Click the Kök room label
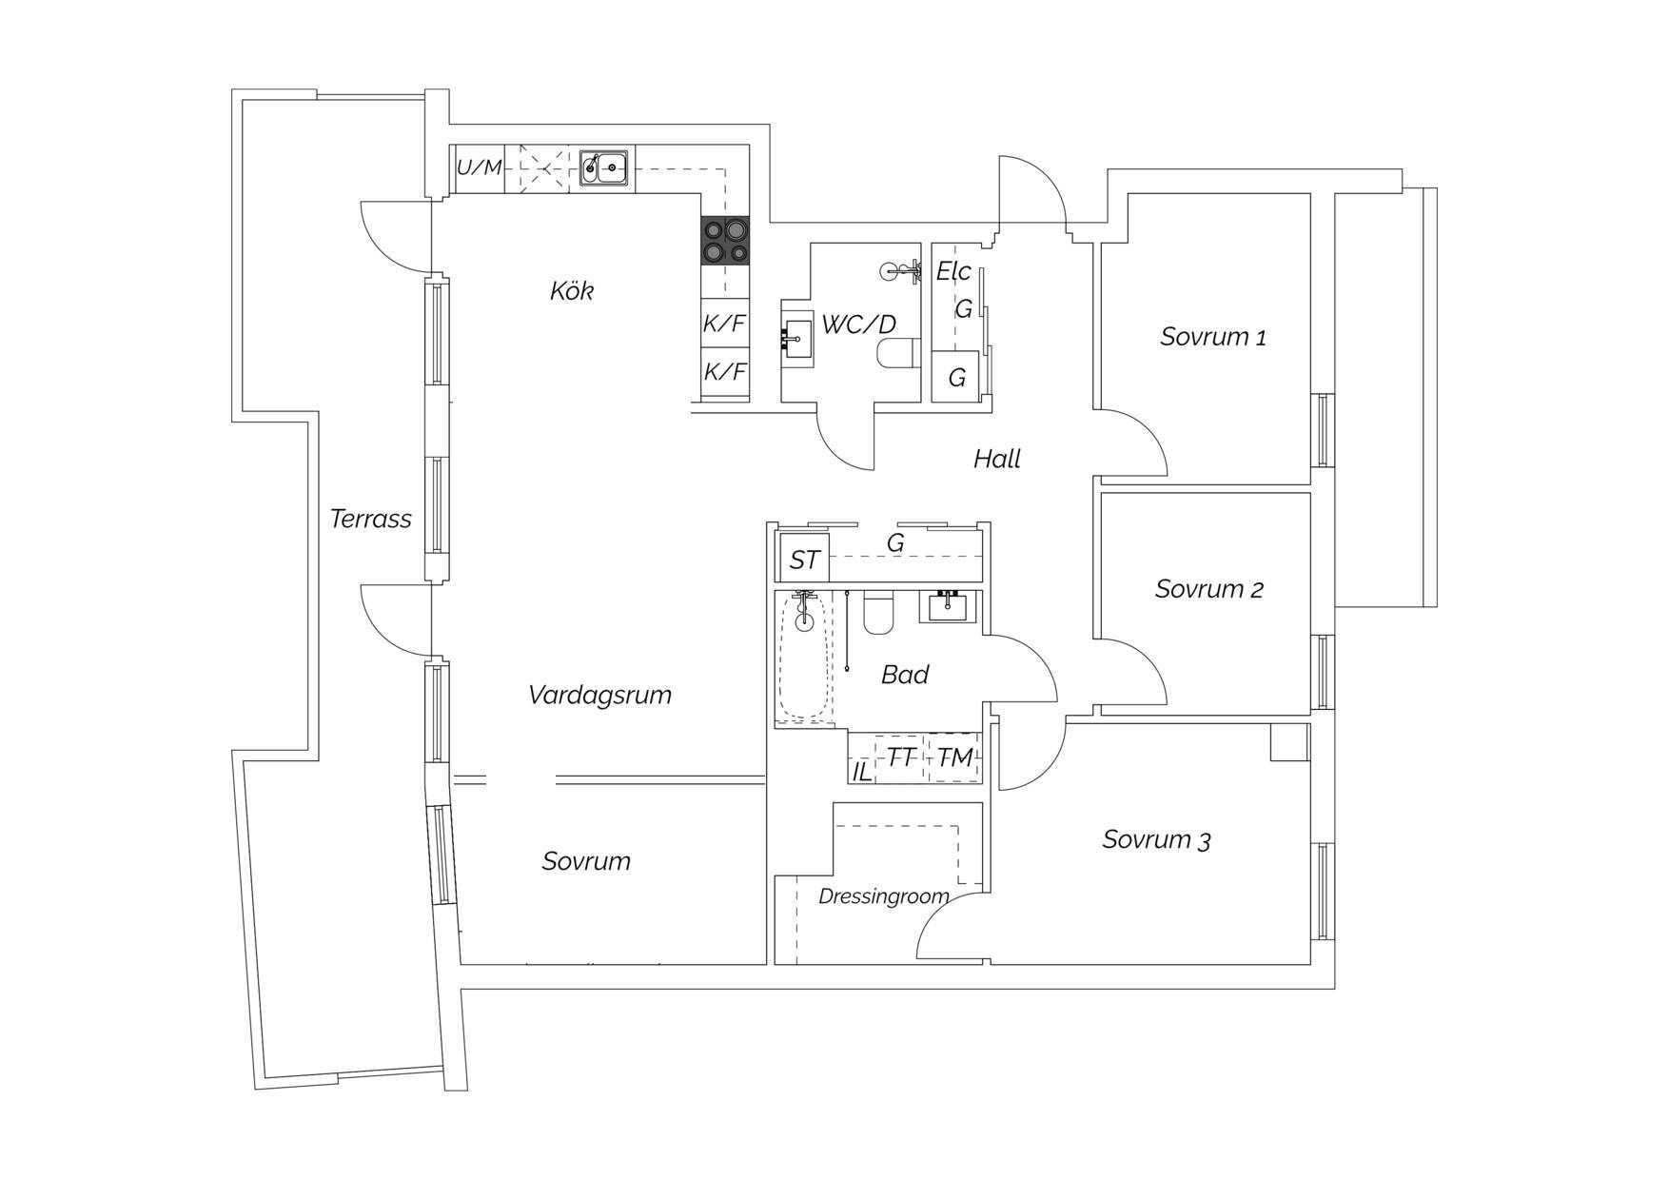click(572, 290)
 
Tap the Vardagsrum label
click(599, 695)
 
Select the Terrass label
click(370, 519)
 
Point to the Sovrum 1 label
click(1213, 337)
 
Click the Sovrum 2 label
click(1209, 589)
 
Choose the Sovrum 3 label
click(1156, 840)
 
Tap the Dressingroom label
click(884, 896)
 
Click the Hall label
click(997, 459)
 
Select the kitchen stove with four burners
click(725, 240)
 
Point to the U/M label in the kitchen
click(479, 168)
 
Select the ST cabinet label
click(804, 560)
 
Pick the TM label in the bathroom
click(955, 757)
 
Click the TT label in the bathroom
click(902, 757)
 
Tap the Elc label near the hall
click(953, 272)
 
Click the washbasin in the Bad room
click(950, 606)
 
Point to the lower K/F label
click(725, 371)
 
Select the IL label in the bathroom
click(861, 772)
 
